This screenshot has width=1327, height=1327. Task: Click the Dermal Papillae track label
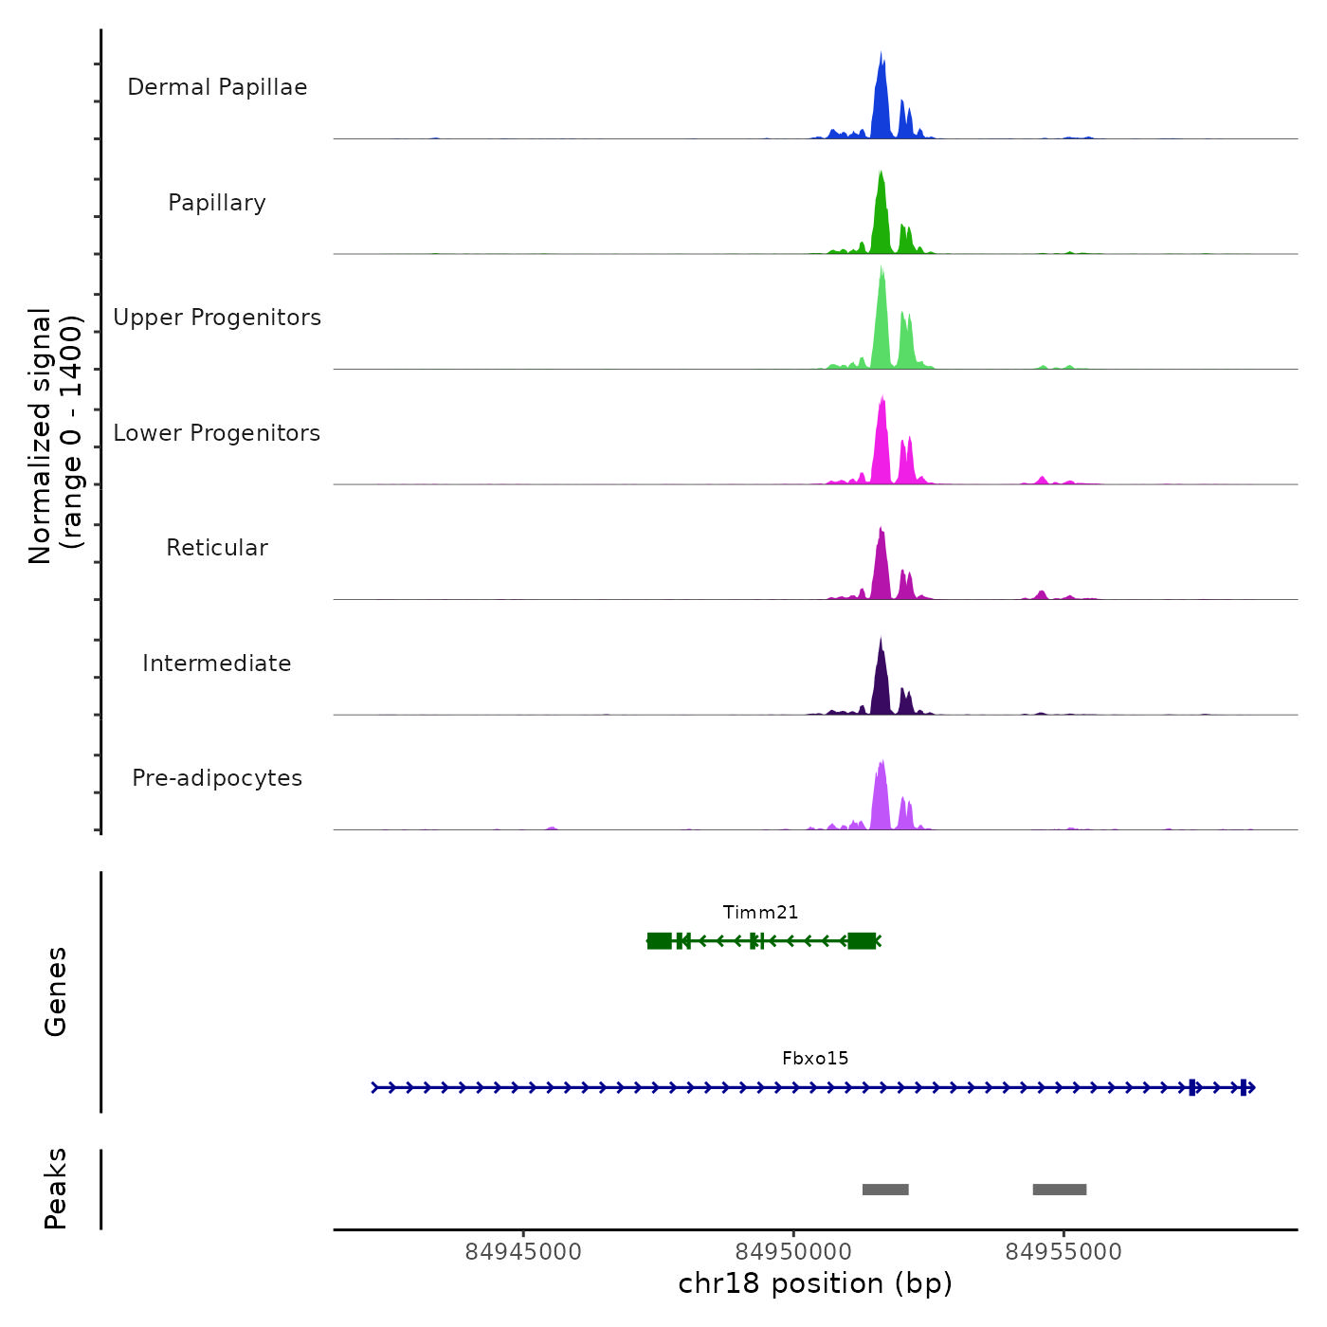[217, 87]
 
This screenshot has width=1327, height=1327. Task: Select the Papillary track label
[217, 203]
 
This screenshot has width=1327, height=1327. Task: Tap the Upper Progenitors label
[217, 318]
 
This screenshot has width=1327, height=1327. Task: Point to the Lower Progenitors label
[217, 433]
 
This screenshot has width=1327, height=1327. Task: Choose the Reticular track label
[217, 548]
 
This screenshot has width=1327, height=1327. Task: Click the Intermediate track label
[217, 663]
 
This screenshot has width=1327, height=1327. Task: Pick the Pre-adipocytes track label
[217, 778]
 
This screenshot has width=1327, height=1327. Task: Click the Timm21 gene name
[760, 913]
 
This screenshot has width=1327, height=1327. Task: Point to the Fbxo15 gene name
[815, 1059]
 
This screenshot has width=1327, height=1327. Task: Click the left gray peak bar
[885, 1190]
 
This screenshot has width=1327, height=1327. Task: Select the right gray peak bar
[1060, 1190]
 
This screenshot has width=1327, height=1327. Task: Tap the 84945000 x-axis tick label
[523, 1252]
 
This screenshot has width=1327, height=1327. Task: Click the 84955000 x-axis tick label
[1063, 1252]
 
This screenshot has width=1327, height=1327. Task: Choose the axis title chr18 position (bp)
[815, 1283]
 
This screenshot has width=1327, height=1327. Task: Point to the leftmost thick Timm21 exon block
[660, 940]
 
